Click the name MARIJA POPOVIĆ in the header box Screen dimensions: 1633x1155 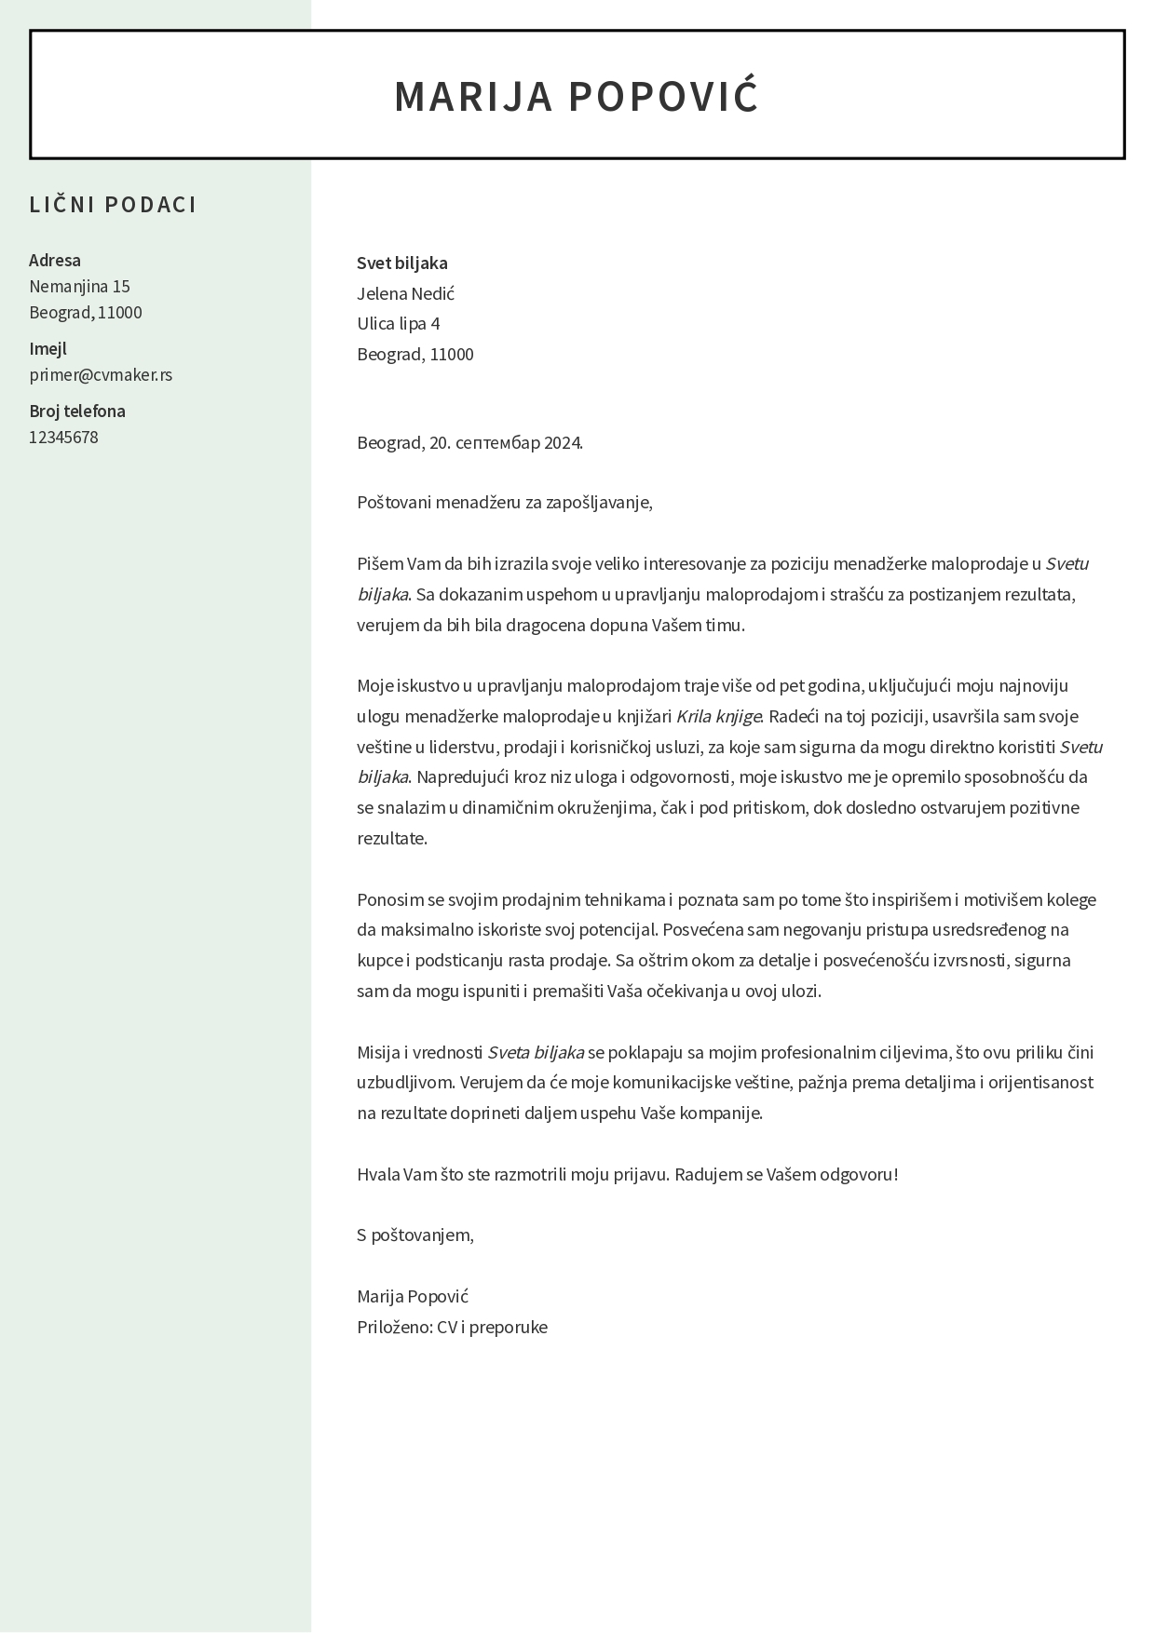point(577,97)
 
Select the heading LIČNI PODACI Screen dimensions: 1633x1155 point(113,205)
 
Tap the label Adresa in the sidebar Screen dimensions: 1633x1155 point(55,261)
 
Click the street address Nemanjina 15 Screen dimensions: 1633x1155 point(79,287)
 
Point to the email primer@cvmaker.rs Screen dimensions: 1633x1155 point(101,375)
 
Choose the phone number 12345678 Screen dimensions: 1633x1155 point(63,438)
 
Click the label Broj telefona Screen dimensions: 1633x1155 point(77,412)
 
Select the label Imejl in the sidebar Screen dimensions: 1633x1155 point(48,349)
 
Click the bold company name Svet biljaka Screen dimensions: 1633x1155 point(402,263)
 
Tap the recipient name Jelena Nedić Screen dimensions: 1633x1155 point(406,294)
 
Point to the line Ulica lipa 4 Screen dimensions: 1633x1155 point(399,324)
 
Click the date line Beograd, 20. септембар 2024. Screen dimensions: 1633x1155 point(469,443)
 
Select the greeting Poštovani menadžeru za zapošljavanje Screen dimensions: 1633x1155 point(505,503)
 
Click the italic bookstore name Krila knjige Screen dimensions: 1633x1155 point(718,717)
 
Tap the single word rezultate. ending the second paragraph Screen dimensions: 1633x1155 point(392,839)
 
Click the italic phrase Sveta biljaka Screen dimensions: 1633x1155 point(536,1053)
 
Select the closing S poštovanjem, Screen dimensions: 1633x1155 point(415,1235)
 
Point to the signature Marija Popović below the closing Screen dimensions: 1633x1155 point(413,1297)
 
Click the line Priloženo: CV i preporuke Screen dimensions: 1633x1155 point(452,1328)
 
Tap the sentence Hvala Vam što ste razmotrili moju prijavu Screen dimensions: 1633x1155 point(513,1175)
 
